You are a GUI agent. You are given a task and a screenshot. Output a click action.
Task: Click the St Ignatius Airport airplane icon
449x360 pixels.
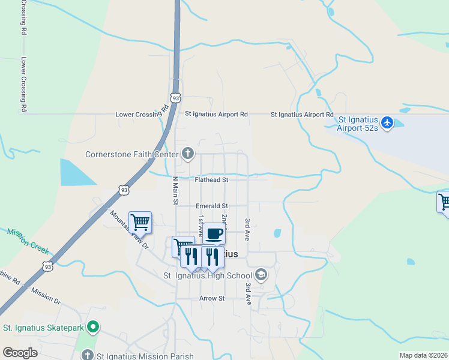tap(387, 123)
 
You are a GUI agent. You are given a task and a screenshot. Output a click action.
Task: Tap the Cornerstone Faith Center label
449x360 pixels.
tap(132, 154)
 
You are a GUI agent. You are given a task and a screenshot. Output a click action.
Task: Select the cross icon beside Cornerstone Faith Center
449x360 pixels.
tap(188, 154)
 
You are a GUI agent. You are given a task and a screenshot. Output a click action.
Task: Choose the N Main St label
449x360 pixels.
tap(176, 190)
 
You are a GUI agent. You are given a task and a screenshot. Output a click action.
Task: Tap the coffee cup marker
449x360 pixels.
tap(214, 233)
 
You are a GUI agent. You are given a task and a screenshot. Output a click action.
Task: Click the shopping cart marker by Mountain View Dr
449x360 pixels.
tap(140, 222)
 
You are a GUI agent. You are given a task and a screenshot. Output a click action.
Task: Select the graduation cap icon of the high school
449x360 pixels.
tap(261, 275)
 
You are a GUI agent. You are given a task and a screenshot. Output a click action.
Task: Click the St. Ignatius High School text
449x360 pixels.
tap(208, 276)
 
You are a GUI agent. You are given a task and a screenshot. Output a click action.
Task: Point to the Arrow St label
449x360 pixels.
tap(212, 298)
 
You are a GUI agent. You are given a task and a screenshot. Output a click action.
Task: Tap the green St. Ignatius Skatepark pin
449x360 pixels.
tap(92, 328)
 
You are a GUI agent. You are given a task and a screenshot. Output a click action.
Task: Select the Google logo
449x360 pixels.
tap(20, 353)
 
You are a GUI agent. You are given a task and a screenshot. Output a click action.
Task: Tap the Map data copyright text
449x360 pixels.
tap(423, 355)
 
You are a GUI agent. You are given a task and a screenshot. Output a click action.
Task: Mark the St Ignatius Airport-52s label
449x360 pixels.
tap(358, 128)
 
